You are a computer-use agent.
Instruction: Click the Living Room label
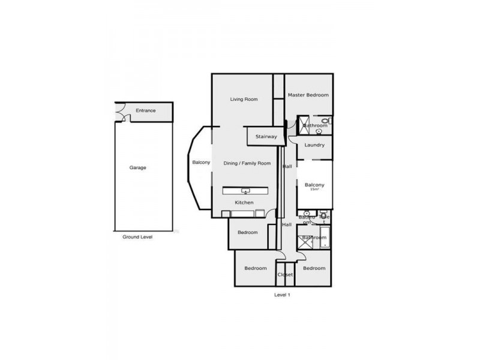(x=244, y=99)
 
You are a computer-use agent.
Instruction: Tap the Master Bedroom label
(x=308, y=95)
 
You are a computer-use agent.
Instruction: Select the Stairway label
(x=266, y=137)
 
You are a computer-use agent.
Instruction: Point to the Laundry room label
(x=314, y=145)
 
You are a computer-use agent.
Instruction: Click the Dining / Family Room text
(x=247, y=163)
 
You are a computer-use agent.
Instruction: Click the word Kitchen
(x=244, y=203)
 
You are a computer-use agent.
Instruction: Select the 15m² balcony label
(x=314, y=185)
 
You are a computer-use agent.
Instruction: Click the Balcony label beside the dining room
(x=201, y=163)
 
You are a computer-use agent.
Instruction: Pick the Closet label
(x=285, y=275)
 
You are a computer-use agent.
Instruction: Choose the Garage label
(x=137, y=167)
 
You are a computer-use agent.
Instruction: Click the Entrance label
(x=145, y=110)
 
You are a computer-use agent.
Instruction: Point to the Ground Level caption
(x=137, y=237)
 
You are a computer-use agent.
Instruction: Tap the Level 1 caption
(x=282, y=295)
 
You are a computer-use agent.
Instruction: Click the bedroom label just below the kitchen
(x=247, y=232)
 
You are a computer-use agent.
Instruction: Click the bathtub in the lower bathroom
(x=324, y=238)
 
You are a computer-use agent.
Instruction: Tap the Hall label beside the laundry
(x=287, y=166)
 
